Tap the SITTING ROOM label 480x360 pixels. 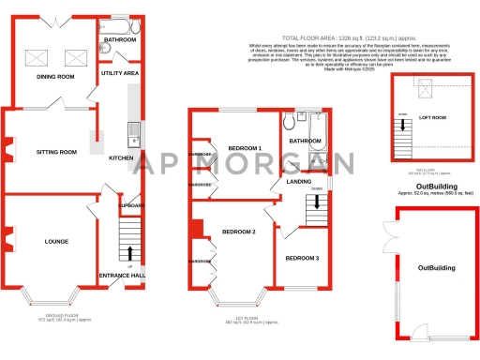tap(56, 151)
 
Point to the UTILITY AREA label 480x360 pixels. tap(120, 72)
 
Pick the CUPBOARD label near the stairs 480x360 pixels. tap(131, 204)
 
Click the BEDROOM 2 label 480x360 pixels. tap(239, 231)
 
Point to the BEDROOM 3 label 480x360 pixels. tap(302, 258)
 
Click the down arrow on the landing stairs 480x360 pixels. tap(316, 189)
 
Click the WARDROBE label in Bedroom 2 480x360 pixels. tap(200, 262)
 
